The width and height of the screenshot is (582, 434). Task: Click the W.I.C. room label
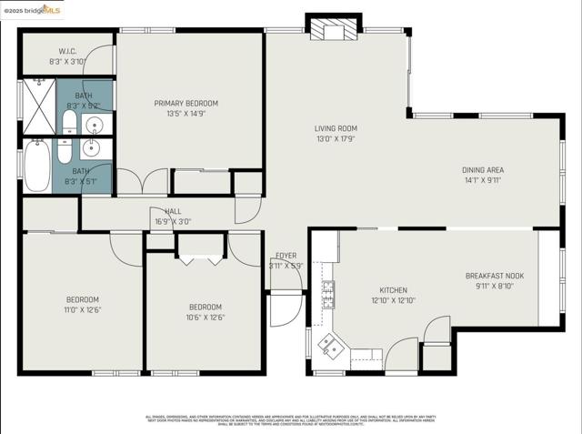coord(67,51)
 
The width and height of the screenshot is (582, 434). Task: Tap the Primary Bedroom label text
coord(186,104)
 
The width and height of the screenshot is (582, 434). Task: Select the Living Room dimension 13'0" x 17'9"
coord(336,139)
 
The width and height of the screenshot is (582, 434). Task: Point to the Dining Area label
coord(483,170)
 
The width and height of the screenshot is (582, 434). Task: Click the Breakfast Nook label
coord(494,276)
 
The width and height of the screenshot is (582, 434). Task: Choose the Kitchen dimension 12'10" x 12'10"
coord(393,300)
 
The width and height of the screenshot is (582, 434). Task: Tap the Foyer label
coord(286,256)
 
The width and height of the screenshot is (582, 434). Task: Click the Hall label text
coord(173,211)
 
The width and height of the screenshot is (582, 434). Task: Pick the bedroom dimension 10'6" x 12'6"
coord(206,318)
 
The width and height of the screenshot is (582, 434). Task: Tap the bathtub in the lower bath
coord(36,166)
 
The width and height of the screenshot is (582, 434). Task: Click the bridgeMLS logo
coord(32,10)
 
